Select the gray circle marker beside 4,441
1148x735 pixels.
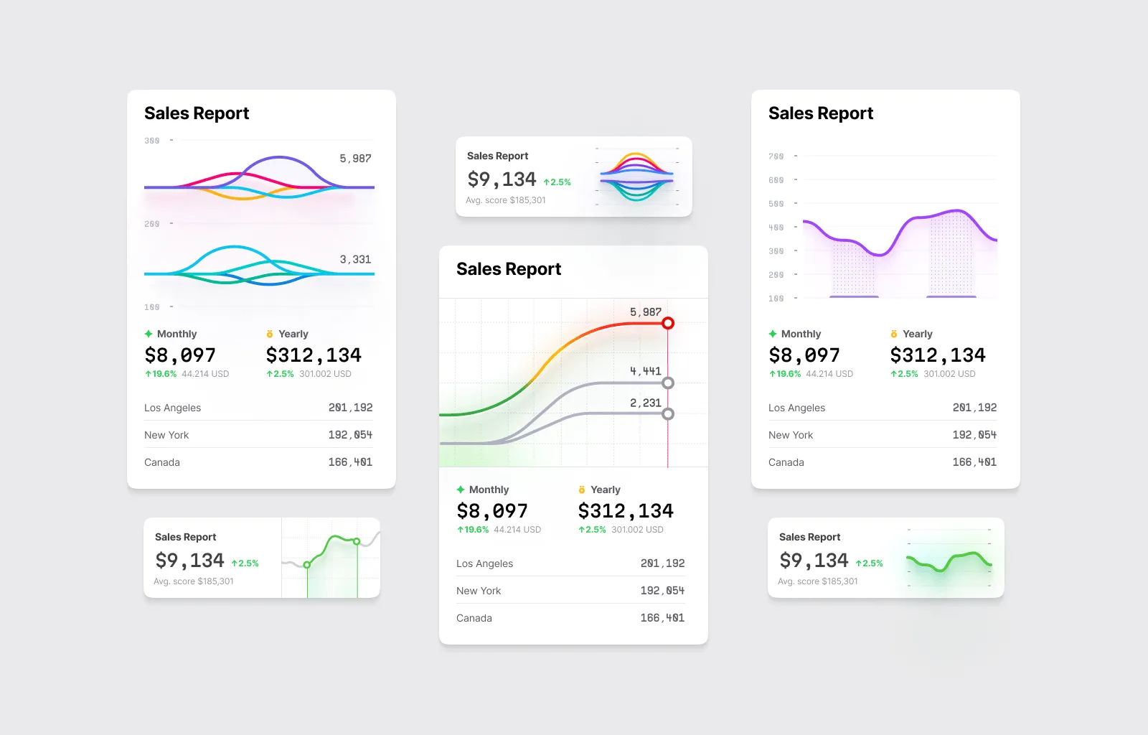pyautogui.click(x=668, y=383)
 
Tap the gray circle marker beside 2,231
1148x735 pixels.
pyautogui.click(x=668, y=413)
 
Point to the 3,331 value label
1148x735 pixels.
pyautogui.click(x=355, y=259)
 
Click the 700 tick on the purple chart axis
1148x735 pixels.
pyautogui.click(x=776, y=156)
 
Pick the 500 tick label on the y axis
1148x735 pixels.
pyautogui.click(x=776, y=203)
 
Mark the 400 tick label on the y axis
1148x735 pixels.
pyautogui.click(x=776, y=227)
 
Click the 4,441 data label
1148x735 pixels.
pyautogui.click(x=645, y=370)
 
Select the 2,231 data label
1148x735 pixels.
pyautogui.click(x=645, y=403)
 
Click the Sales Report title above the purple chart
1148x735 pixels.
pyautogui.click(x=820, y=113)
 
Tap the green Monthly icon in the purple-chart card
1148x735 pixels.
pyautogui.click(x=773, y=334)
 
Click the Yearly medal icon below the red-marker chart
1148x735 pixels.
pyautogui.click(x=582, y=490)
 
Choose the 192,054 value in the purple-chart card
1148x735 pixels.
pyautogui.click(x=974, y=435)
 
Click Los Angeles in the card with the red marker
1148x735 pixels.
pyautogui.click(x=484, y=563)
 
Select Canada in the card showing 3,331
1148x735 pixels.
pyautogui.click(x=162, y=462)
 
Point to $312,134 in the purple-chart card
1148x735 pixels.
pyautogui.click(x=937, y=355)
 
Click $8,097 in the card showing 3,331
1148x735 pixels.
pyautogui.click(x=180, y=355)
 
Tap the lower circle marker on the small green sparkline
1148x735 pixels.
pyautogui.click(x=307, y=565)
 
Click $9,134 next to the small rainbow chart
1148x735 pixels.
pyautogui.click(x=502, y=179)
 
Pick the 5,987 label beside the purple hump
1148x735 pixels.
pyautogui.click(x=355, y=158)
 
